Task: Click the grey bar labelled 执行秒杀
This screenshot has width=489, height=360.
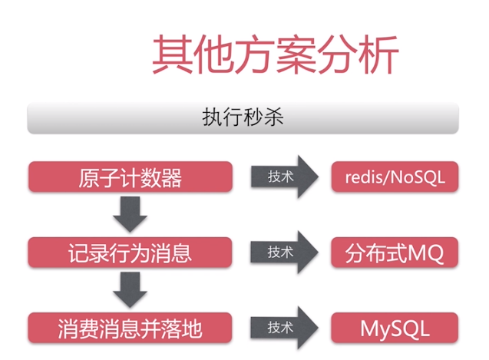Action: [x=243, y=117]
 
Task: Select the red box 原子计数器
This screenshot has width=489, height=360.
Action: [x=130, y=178]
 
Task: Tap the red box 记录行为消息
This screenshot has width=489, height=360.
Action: [x=130, y=253]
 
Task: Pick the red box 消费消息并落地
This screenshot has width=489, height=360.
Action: [x=130, y=329]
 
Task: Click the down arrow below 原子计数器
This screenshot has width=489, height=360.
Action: [x=130, y=214]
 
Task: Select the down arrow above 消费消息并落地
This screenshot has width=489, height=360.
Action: [x=130, y=289]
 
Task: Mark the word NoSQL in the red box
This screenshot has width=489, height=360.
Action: [x=418, y=178]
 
